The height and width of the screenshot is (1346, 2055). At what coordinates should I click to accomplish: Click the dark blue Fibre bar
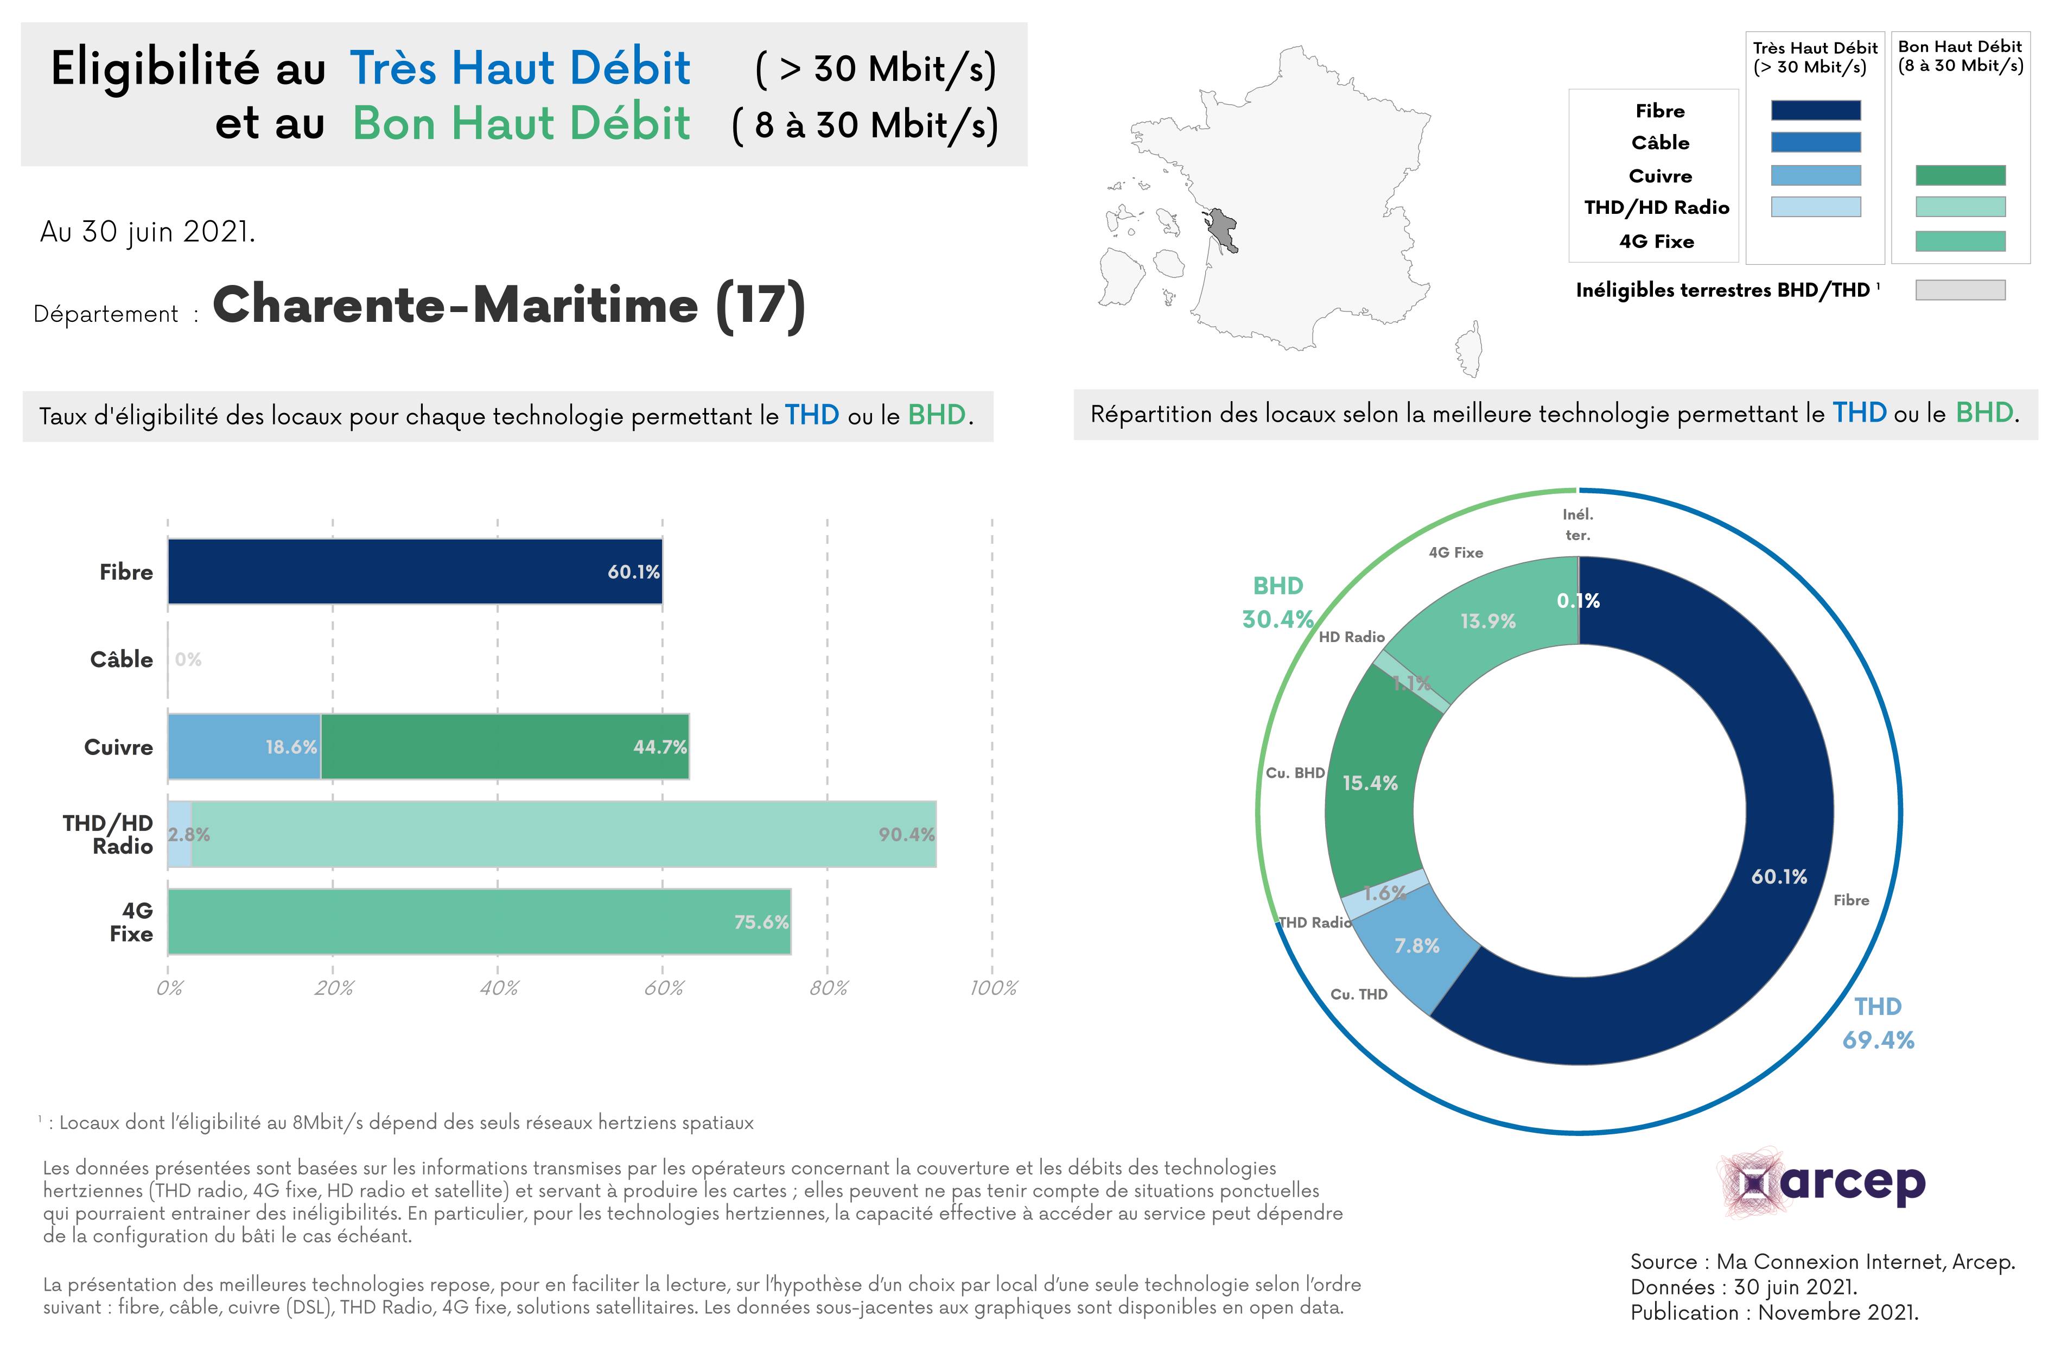pyautogui.click(x=415, y=572)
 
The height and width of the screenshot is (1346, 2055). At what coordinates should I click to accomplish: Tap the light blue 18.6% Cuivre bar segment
pyautogui.click(x=244, y=747)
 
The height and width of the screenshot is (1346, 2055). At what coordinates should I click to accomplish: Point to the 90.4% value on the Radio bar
pyautogui.click(x=906, y=835)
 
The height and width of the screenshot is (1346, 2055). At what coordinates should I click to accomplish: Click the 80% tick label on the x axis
pyautogui.click(x=828, y=988)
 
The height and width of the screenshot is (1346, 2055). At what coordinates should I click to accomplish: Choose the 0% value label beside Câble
pyautogui.click(x=188, y=659)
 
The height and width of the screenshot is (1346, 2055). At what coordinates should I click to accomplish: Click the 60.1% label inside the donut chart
pyautogui.click(x=1779, y=877)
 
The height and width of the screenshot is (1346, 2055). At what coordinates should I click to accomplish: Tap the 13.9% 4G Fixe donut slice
pyautogui.click(x=1487, y=621)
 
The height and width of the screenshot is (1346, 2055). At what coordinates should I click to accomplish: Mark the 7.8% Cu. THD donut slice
pyautogui.click(x=1417, y=946)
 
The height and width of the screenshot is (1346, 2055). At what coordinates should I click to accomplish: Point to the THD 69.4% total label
pyautogui.click(x=1878, y=1023)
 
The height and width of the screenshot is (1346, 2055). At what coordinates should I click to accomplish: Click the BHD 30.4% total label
pyautogui.click(x=1278, y=602)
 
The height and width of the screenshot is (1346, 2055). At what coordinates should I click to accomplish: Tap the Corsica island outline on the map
pyautogui.click(x=1469, y=350)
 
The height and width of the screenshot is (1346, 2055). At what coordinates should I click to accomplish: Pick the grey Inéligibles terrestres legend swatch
pyautogui.click(x=1960, y=290)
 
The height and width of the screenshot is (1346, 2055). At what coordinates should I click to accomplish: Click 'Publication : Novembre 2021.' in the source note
pyautogui.click(x=1773, y=1312)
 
